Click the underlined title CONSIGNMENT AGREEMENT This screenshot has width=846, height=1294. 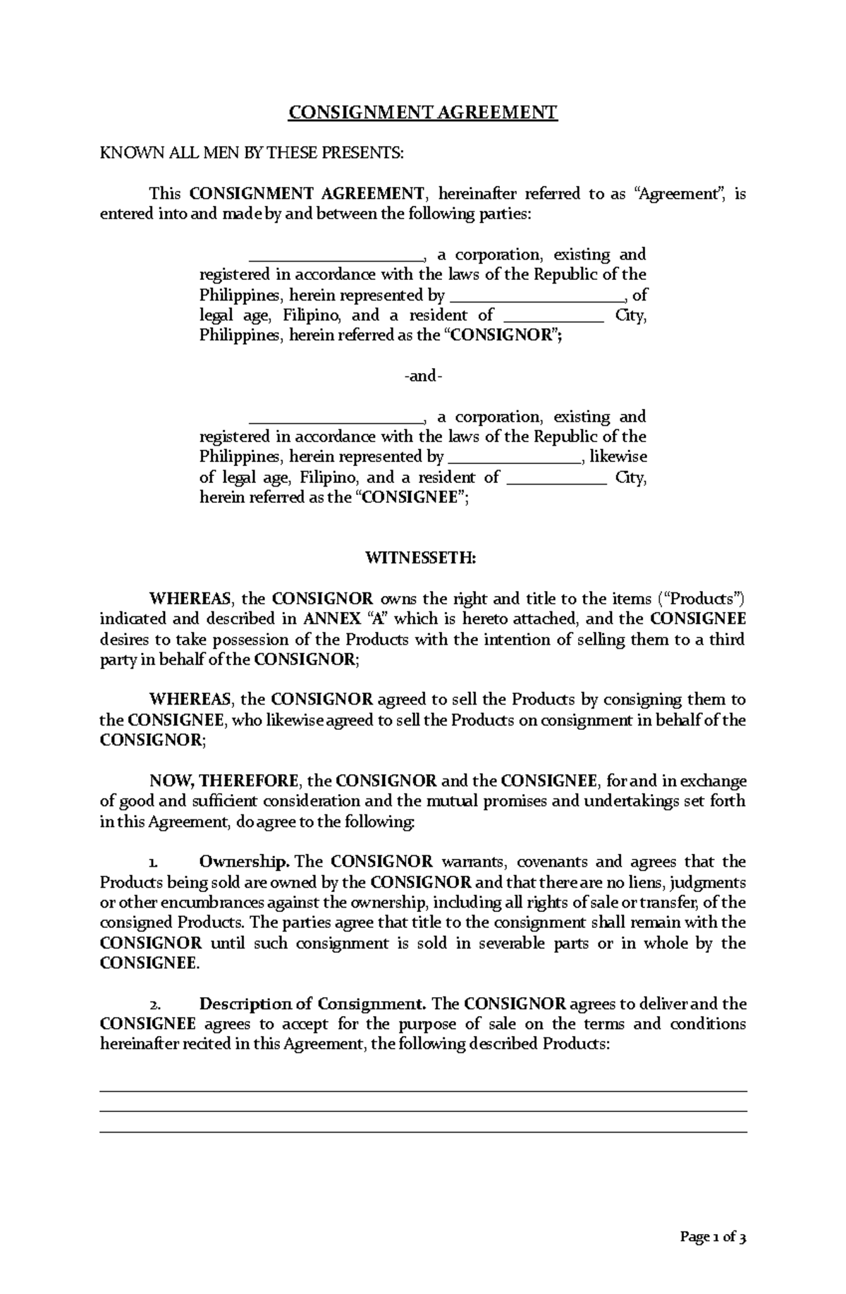(422, 112)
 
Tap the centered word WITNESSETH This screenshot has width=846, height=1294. (422, 559)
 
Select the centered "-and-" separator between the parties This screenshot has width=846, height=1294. (423, 377)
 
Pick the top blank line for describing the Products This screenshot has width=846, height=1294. (423, 1091)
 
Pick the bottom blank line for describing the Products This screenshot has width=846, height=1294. (423, 1132)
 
